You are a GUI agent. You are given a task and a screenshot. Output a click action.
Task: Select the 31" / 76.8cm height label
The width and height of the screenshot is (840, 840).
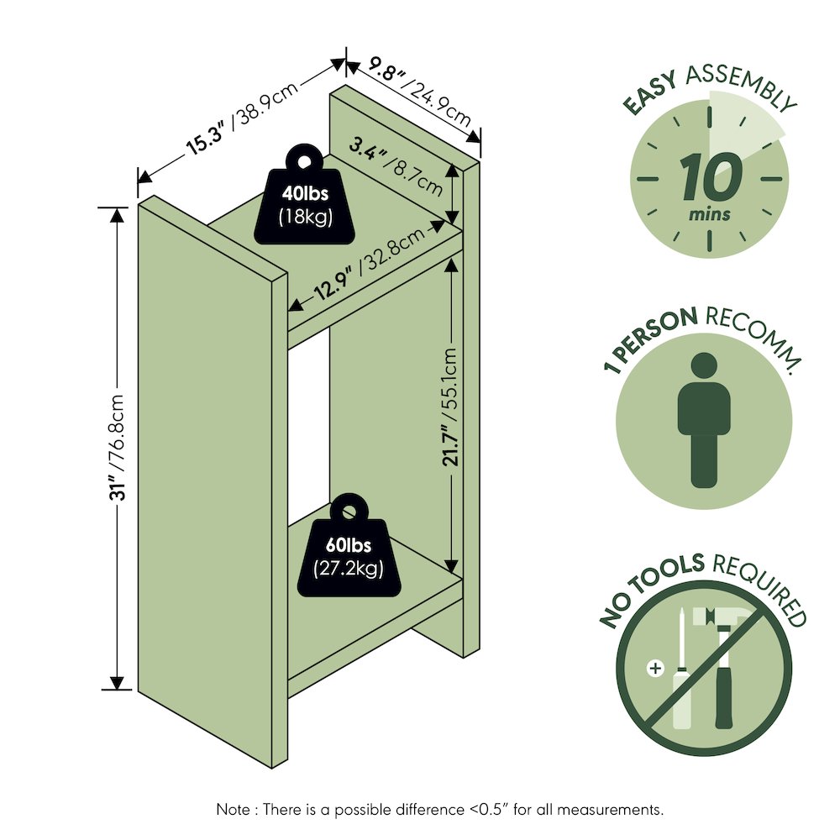117,448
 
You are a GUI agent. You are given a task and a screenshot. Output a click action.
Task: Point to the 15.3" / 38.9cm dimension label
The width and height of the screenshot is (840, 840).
242,118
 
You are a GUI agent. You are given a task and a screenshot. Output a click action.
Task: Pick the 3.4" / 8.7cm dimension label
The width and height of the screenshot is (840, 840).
396,166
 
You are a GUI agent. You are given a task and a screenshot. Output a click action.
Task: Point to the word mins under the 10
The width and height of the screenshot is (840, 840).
709,214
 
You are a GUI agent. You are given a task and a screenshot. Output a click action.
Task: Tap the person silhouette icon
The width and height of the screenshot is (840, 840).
704,420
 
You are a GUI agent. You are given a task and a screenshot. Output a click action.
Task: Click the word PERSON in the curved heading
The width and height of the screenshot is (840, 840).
659,332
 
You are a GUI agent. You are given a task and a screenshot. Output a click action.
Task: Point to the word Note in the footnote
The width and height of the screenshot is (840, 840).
233,809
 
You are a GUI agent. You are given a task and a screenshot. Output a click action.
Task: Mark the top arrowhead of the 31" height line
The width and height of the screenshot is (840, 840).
117,213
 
